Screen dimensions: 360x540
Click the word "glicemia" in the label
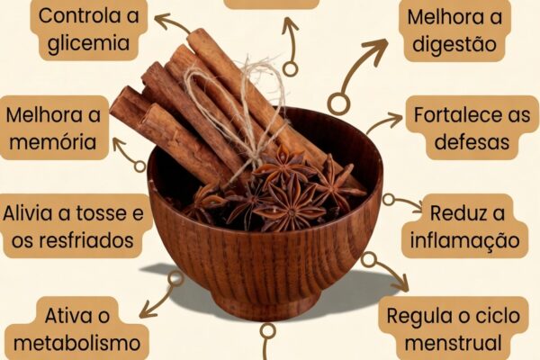[89, 41]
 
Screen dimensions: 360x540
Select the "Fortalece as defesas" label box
[468, 128]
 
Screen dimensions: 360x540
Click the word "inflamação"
[464, 240]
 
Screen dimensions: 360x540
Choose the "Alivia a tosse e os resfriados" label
[74, 227]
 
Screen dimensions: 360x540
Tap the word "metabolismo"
[78, 343]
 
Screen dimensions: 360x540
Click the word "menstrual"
[452, 343]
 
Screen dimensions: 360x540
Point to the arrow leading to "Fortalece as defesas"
[384, 121]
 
